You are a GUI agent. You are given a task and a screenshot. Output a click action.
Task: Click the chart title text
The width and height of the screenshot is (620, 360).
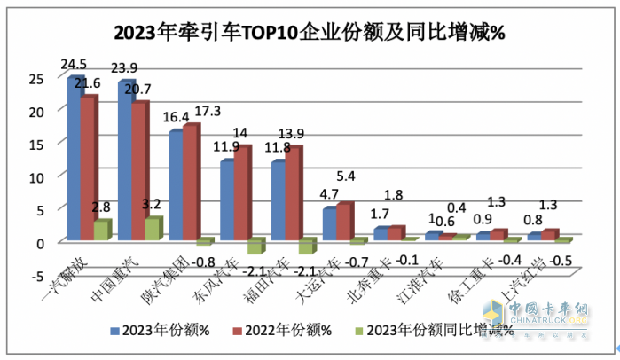tap(310, 34)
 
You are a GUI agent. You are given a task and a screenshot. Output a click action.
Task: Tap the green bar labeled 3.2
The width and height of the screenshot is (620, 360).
tap(153, 229)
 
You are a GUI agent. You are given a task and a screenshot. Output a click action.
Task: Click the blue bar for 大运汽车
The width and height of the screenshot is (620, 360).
tap(329, 224)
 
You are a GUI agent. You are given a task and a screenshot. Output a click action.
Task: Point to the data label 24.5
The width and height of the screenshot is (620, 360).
tap(73, 65)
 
